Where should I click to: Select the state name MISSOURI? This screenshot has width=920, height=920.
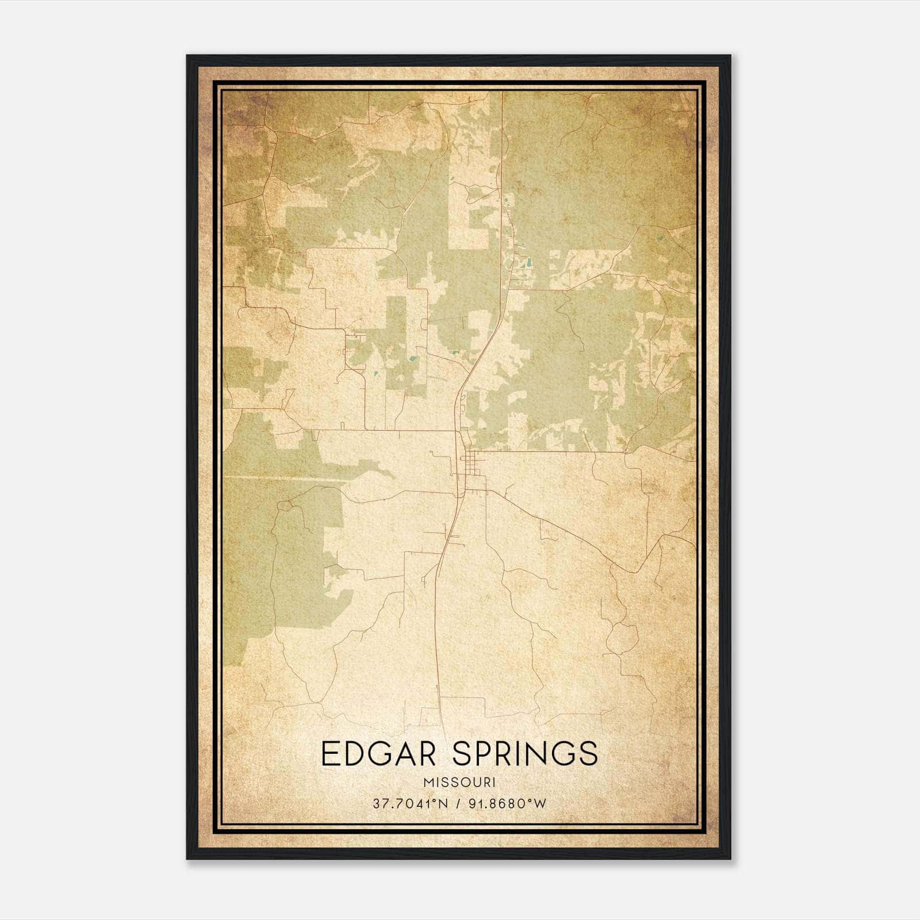click(459, 783)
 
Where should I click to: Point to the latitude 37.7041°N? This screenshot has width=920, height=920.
click(410, 803)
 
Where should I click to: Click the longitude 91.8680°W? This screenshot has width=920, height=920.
click(507, 803)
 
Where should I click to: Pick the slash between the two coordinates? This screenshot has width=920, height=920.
click(458, 803)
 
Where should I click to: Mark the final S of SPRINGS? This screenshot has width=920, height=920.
click(588, 754)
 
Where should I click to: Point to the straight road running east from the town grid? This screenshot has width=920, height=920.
click(552, 452)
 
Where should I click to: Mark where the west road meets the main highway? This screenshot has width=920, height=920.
click(458, 430)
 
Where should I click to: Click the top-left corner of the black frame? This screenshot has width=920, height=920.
click(188, 56)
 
